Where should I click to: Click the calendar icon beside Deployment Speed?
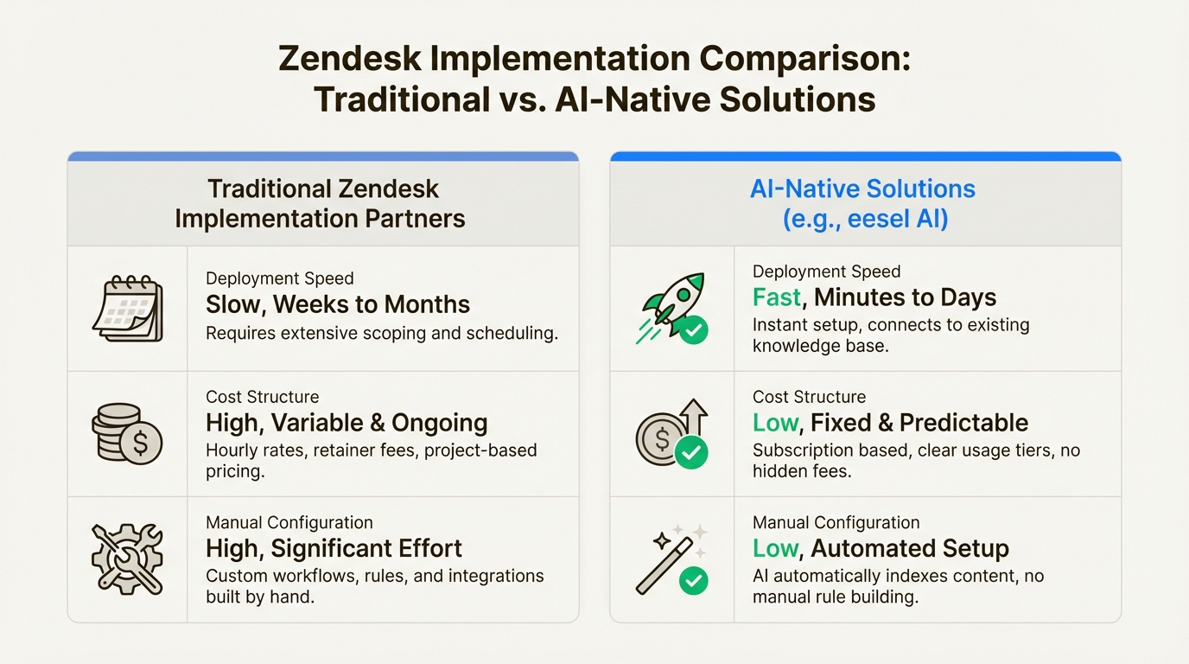click(x=127, y=309)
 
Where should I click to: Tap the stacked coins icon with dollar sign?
click(x=126, y=434)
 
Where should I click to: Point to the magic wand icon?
click(x=669, y=561)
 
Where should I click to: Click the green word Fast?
click(x=777, y=297)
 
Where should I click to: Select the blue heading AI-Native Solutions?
click(x=863, y=189)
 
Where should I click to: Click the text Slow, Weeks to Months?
click(x=338, y=304)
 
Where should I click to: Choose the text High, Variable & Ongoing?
click(x=347, y=423)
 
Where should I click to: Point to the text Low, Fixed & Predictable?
click(x=890, y=423)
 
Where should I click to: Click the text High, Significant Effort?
click(x=334, y=548)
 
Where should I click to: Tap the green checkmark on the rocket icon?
click(x=693, y=329)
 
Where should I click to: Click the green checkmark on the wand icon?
click(x=693, y=580)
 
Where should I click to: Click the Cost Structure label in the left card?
click(x=262, y=397)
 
